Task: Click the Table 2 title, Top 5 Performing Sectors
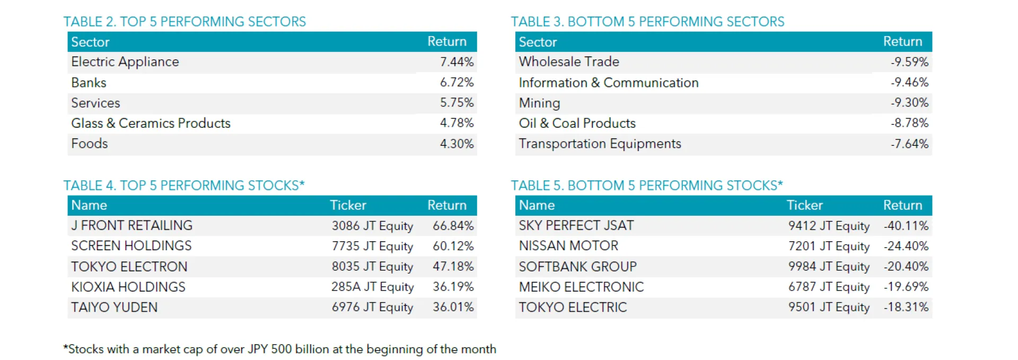185,22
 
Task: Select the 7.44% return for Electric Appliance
457,62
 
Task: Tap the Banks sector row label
89,83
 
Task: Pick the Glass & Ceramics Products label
151,123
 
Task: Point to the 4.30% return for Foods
457,144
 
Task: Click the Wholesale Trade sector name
569,62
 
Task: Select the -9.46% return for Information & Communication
909,82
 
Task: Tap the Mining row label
539,103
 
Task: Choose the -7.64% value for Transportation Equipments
909,144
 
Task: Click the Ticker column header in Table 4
348,205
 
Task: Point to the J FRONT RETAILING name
132,225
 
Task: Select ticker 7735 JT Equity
372,246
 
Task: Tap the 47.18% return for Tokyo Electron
453,266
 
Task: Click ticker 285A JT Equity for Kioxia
372,287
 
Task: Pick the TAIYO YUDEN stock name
115,307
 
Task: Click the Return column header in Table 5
902,205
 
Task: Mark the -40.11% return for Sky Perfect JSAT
906,225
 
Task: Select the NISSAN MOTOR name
568,245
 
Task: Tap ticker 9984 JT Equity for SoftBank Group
829,266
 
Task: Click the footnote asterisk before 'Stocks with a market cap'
66,347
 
